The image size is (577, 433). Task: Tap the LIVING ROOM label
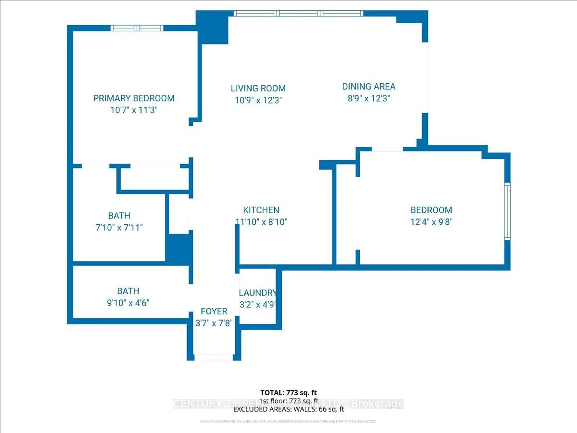258,88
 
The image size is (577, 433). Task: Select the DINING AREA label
369,87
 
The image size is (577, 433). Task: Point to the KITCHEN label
261,210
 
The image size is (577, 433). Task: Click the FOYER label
214,311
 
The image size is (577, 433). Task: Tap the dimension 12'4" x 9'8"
431,222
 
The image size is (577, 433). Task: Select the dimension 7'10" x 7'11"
119,228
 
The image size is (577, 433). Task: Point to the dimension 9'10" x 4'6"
128,303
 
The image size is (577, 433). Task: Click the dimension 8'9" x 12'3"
369,99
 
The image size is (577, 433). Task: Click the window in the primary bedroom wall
137,28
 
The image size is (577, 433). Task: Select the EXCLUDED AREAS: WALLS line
288,409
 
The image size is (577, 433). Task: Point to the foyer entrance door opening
214,357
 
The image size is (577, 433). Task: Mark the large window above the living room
298,13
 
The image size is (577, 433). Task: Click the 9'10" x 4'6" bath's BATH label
128,291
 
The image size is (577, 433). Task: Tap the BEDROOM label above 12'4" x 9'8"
431,210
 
